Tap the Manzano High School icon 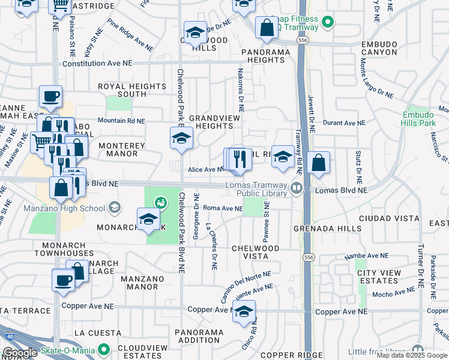pos(114,208)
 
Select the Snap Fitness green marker pos(327,23)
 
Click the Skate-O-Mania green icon pos(104,349)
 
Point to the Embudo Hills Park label pos(418,118)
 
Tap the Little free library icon pos(418,350)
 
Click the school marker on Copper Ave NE pos(244,311)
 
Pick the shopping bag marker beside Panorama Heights pos(266,28)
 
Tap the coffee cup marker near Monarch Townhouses pos(63,280)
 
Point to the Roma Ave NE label pos(223,209)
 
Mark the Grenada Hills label pos(327,229)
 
